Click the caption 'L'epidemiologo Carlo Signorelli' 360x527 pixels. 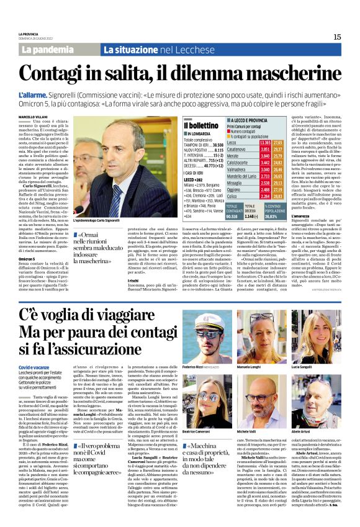(96, 220)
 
